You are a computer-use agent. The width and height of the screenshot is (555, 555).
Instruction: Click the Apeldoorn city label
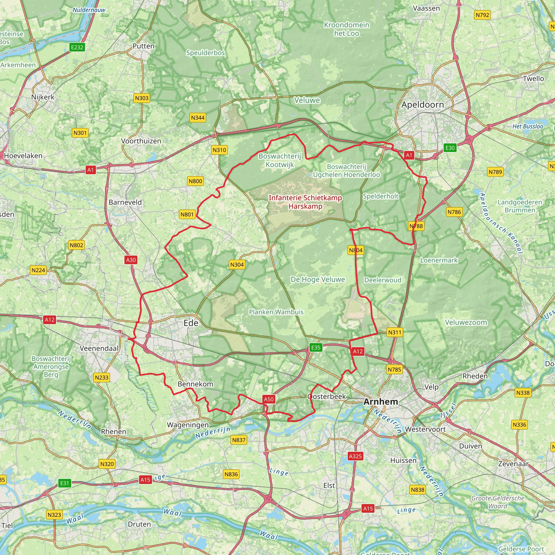[422, 105]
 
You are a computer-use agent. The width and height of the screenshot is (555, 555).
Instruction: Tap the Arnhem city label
[381, 402]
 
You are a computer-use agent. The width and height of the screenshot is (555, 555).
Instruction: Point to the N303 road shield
[142, 98]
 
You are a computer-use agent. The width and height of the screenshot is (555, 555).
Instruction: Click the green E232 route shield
[77, 47]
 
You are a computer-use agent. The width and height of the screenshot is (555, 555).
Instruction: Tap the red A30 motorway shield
[131, 260]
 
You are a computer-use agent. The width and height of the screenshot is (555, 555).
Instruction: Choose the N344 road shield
[198, 118]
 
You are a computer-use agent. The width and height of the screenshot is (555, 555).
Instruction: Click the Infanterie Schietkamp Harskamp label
[305, 202]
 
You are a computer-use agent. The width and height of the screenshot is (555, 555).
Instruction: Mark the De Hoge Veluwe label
[318, 279]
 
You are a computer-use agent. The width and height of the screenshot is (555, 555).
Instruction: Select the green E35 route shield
[316, 348]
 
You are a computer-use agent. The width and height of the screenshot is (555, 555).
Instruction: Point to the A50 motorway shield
[269, 399]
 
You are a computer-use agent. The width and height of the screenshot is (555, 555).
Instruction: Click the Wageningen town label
[188, 425]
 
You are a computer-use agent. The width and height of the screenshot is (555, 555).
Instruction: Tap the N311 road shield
[394, 332]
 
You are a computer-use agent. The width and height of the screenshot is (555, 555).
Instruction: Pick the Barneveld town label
[125, 202]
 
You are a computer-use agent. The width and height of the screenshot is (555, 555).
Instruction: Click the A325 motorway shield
[355, 456]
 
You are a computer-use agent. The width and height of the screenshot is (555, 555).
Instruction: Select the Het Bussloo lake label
[528, 126]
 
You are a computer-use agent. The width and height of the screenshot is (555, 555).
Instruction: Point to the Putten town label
[143, 46]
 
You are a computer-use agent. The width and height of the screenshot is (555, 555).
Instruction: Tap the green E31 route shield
[65, 483]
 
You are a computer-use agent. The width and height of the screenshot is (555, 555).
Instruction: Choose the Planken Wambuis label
[276, 312]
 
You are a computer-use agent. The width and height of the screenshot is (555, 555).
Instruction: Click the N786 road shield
[454, 212]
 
